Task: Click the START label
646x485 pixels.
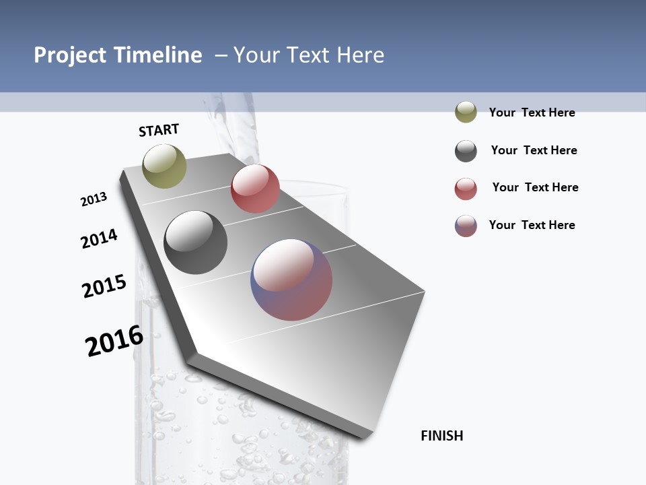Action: [x=159, y=130]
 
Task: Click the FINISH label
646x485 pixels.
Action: [x=441, y=436]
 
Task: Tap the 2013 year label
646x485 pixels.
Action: [x=94, y=199]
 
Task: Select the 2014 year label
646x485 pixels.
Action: [x=99, y=238]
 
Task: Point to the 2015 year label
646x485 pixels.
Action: [x=104, y=286]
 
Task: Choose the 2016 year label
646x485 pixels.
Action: [x=114, y=340]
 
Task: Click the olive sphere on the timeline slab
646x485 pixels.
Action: [x=164, y=166]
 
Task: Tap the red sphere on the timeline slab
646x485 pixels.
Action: [x=255, y=189]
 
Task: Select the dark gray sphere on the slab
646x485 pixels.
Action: [x=196, y=243]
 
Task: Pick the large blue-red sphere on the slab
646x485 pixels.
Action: [x=291, y=280]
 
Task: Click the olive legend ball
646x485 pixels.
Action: [x=466, y=112]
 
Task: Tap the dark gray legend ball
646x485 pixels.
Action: [x=466, y=151]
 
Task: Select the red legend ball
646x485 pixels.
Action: [x=466, y=189]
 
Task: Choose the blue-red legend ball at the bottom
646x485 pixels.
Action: [x=466, y=226]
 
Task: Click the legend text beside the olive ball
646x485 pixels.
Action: [x=532, y=112]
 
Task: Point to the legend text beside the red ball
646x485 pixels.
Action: [x=535, y=187]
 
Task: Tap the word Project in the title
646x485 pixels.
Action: [x=70, y=55]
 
